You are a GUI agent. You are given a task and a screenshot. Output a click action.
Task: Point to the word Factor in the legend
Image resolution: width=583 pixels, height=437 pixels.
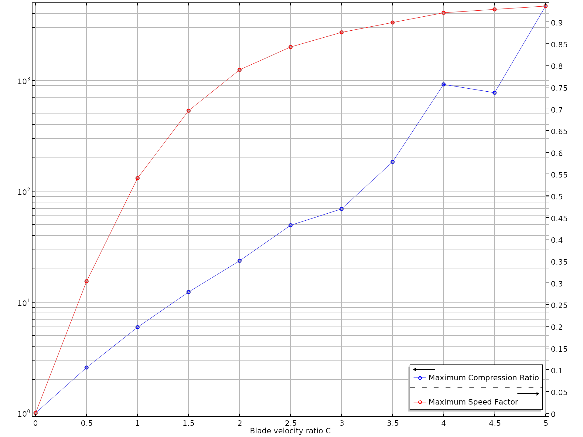pyautogui.click(x=506, y=402)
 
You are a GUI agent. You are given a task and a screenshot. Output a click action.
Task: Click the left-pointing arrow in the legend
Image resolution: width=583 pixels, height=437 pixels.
pyautogui.click(x=424, y=370)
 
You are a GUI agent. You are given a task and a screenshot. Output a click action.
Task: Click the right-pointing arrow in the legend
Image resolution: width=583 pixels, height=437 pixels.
pyautogui.click(x=528, y=394)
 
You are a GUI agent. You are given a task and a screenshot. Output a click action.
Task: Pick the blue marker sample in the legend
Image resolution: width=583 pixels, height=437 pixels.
pyautogui.click(x=420, y=378)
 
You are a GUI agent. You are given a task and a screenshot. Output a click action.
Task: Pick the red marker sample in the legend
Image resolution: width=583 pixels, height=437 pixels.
pyautogui.click(x=420, y=402)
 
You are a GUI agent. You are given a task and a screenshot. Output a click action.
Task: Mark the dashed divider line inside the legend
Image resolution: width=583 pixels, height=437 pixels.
pyautogui.click(x=476, y=387)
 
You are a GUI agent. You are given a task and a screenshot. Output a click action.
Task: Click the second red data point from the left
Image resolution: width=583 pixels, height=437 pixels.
pyautogui.click(x=87, y=281)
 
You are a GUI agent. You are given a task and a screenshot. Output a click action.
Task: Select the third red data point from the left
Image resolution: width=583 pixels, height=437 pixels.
pyautogui.click(x=138, y=178)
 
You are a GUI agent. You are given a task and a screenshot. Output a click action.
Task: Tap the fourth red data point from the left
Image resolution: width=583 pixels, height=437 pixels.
pyautogui.click(x=189, y=111)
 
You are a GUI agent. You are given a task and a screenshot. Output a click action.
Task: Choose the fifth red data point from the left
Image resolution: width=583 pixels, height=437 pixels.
pyautogui.click(x=240, y=70)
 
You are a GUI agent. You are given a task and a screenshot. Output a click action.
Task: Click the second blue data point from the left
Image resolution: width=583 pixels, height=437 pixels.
pyautogui.click(x=87, y=368)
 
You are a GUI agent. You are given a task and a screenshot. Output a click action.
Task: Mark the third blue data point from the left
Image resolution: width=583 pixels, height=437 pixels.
pyautogui.click(x=138, y=327)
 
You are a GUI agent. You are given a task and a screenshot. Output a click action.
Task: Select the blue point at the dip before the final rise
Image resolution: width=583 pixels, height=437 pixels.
pyautogui.click(x=495, y=93)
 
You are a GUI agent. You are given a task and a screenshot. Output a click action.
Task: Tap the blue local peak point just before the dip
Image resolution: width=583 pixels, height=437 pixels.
pyautogui.click(x=444, y=85)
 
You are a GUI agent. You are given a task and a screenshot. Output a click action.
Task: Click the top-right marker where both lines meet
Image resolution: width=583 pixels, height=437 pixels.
pyautogui.click(x=546, y=6)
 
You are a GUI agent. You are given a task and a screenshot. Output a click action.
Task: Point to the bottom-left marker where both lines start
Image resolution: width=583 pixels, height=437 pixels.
pyautogui.click(x=36, y=413)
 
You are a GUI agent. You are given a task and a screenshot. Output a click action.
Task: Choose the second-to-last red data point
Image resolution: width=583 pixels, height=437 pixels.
pyautogui.click(x=495, y=9)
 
